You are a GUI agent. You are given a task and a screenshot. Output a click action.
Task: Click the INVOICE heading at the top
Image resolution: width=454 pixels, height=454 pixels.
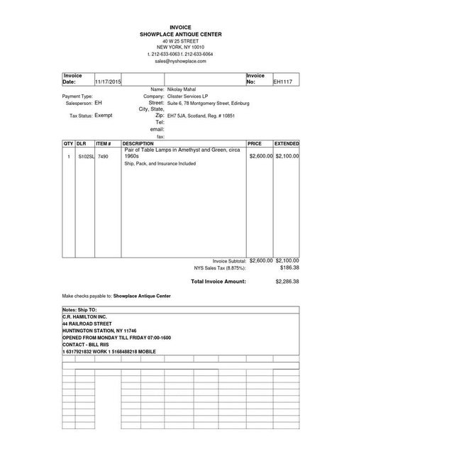pos(180,27)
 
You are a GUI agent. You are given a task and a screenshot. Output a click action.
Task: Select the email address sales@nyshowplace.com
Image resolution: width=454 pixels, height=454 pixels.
pos(180,61)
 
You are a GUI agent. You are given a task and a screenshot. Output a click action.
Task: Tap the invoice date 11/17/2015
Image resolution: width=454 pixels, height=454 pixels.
pos(109,82)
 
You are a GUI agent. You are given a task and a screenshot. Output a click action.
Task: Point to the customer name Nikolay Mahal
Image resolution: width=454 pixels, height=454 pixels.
pos(182,90)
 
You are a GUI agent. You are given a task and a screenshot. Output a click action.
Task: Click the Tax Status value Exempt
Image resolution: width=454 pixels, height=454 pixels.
pos(104,115)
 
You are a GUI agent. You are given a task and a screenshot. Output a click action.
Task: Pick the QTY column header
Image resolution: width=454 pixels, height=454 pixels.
pos(68,144)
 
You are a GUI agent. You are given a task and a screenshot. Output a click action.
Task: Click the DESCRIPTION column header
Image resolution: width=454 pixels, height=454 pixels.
pos(138,144)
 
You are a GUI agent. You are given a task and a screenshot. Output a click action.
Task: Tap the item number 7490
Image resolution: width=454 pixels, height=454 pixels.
pos(103,156)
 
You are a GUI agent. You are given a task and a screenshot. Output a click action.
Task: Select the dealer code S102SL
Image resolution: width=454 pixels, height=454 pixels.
pos(85,156)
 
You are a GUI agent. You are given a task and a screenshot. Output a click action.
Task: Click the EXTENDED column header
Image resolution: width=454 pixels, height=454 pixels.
pos(287,144)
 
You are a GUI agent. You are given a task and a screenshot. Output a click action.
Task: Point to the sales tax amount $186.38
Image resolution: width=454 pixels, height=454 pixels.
pos(289,268)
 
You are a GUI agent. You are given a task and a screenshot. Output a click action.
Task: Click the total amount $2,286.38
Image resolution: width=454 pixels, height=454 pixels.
pos(287,282)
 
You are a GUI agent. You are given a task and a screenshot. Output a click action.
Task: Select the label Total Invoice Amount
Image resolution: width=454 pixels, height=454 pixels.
pos(218,282)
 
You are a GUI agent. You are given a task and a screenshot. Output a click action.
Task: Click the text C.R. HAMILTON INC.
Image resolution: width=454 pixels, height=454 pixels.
pos(84,316)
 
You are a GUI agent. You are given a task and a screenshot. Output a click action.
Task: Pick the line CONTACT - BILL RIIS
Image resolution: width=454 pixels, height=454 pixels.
pos(86,345)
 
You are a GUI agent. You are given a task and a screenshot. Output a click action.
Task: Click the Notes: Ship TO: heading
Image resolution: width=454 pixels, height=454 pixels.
pos(79,310)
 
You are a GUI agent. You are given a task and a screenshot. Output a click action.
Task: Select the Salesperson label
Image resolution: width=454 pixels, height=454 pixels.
pos(77,103)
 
